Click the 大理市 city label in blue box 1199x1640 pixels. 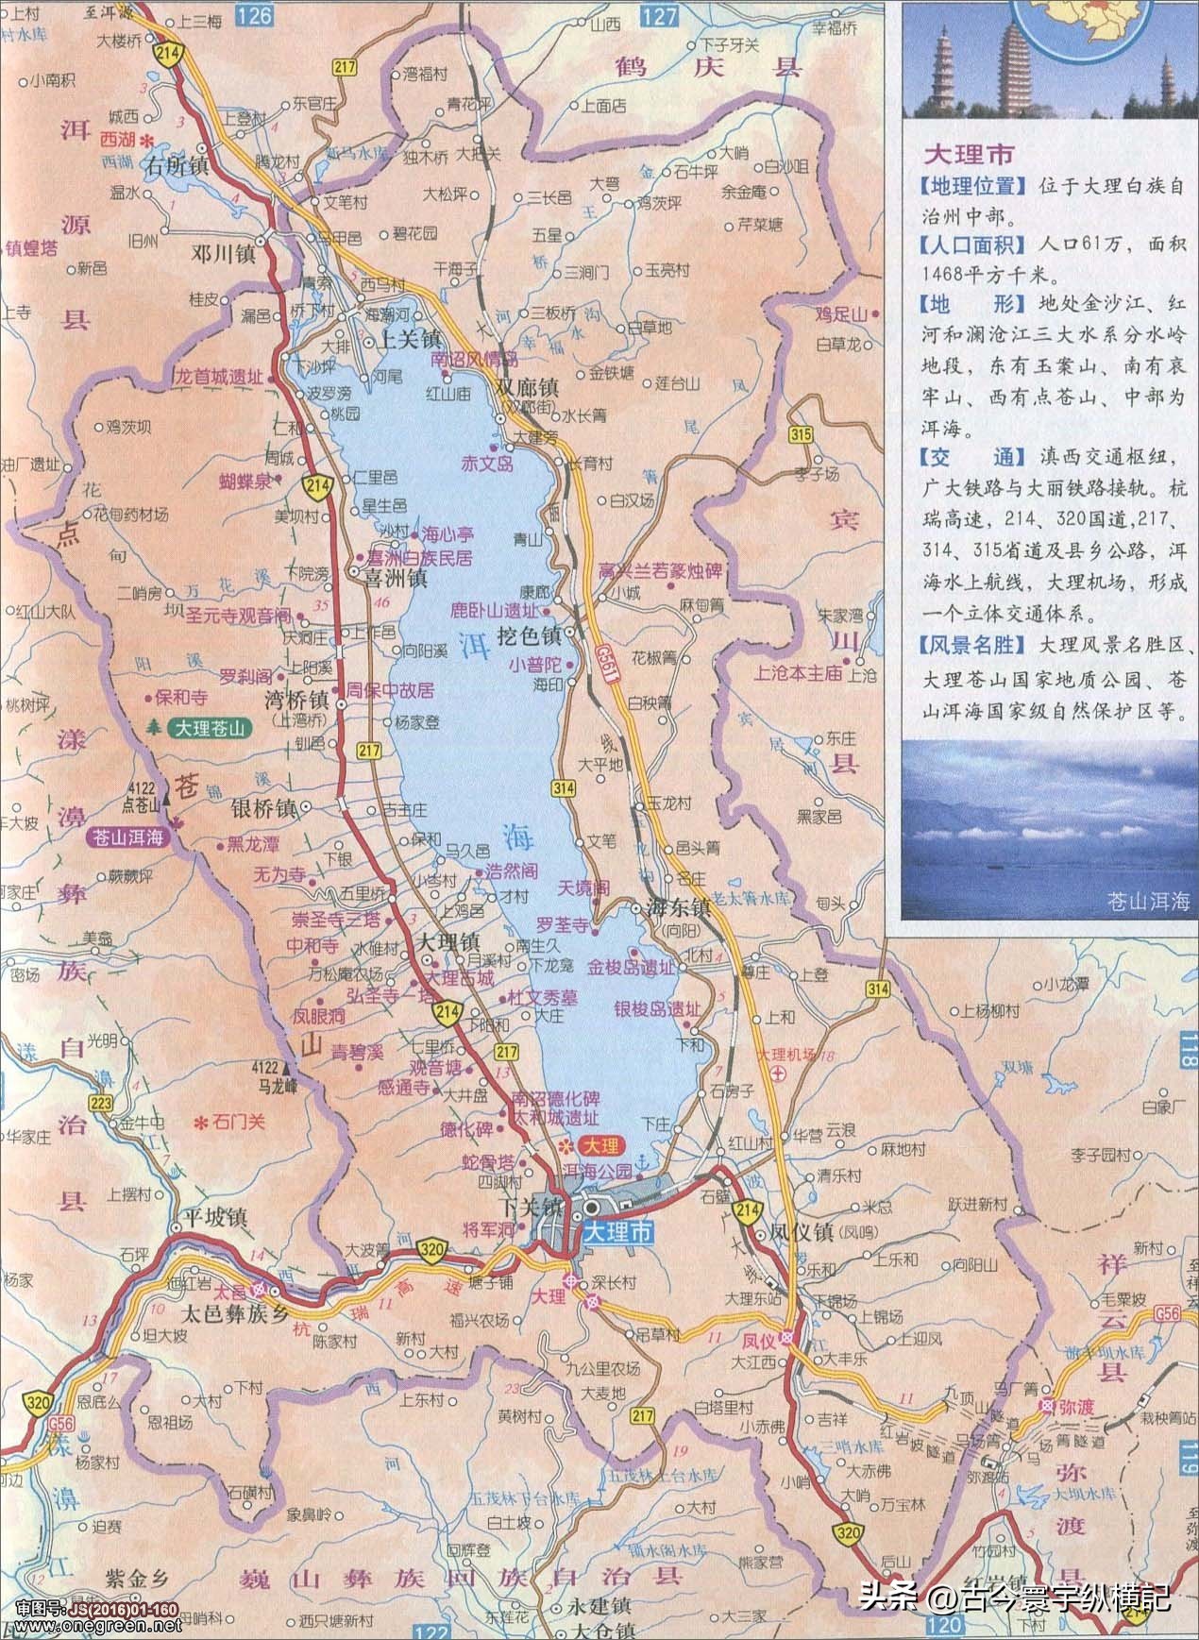617,1232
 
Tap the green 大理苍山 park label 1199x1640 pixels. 208,728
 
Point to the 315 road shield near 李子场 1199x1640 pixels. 802,434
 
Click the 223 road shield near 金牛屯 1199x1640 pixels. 99,1103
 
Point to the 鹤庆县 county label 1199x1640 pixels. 707,68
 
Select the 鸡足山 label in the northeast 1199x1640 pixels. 843,314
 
